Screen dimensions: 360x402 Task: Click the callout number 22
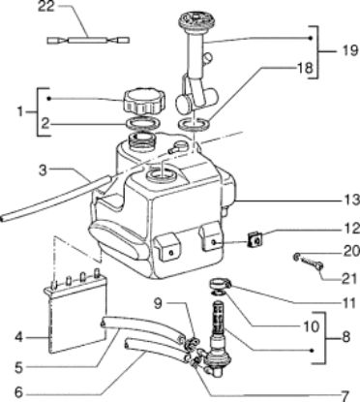tap(46, 7)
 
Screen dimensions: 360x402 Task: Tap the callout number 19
tap(350, 50)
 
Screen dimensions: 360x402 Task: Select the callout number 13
tap(351, 201)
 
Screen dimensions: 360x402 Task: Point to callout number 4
tap(18, 338)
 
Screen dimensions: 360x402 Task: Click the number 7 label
tap(345, 396)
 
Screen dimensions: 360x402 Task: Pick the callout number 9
tap(158, 303)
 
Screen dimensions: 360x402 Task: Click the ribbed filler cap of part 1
tap(144, 101)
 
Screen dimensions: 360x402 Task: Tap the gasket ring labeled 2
tap(143, 123)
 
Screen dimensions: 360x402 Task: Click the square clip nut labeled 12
tap(255, 240)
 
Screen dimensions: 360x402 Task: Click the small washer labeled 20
tap(296, 257)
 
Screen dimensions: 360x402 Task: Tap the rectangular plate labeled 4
tap(76, 315)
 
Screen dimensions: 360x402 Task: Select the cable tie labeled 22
tap(88, 41)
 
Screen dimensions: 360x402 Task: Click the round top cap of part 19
tap(194, 19)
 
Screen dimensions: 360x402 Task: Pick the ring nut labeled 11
tap(221, 285)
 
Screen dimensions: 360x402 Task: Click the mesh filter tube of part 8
tap(217, 318)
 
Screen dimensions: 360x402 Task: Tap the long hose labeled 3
tap(57, 198)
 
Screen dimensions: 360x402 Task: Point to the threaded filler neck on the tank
tap(141, 140)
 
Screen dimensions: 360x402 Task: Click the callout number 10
tap(311, 326)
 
